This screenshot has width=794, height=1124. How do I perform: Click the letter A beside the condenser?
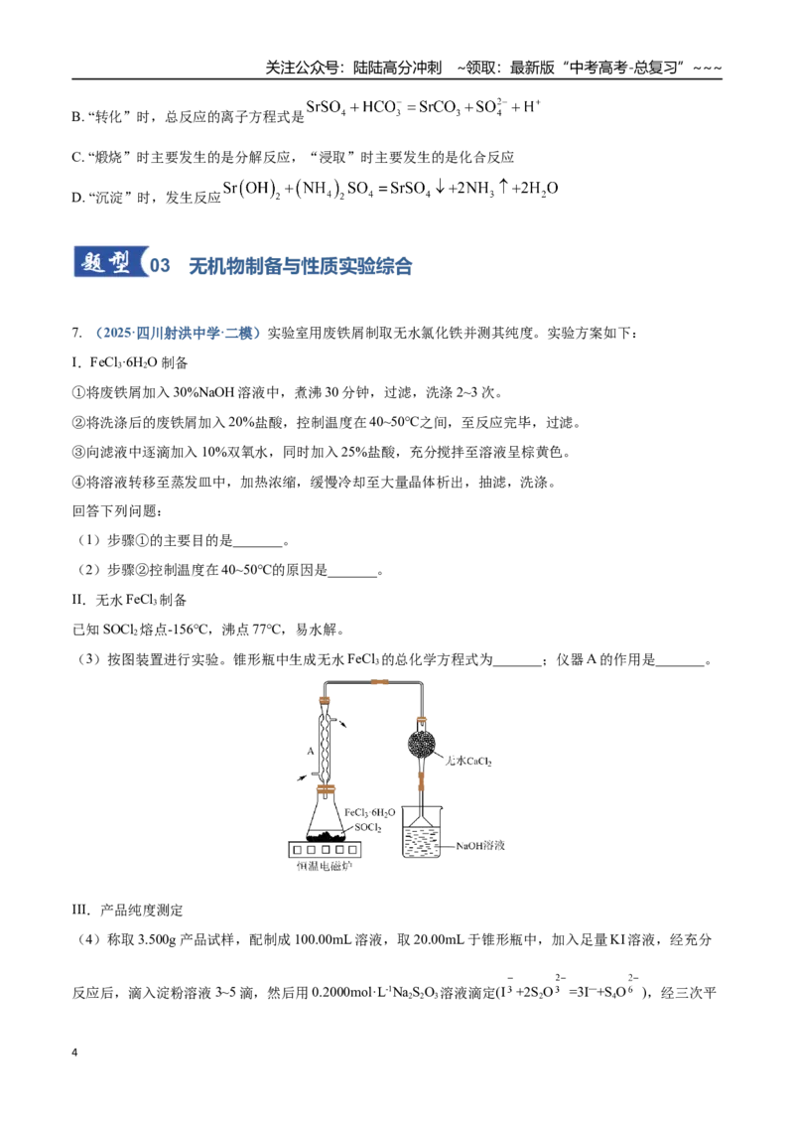tap(311, 752)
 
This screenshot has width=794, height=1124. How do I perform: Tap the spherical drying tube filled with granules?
tap(422, 746)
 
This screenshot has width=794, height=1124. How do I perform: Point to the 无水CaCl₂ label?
tap(468, 761)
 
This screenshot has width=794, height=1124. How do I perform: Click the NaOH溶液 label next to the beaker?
tap(480, 846)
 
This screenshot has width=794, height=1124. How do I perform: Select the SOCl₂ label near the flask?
tap(367, 827)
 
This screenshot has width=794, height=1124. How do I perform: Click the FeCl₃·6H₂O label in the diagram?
tap(370, 813)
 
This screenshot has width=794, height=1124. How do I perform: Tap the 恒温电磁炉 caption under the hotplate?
tap(324, 866)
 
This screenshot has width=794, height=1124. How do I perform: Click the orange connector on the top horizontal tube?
tap(379, 682)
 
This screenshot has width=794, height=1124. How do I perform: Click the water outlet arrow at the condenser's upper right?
tap(341, 724)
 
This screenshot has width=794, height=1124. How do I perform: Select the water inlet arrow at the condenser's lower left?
tap(303, 776)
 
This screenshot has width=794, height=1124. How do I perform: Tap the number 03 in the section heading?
tap(160, 265)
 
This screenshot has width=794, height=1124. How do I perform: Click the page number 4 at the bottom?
tap(74, 1053)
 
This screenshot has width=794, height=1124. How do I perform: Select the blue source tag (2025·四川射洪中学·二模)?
tap(178, 334)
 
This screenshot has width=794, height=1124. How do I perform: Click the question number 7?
tap(76, 334)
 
